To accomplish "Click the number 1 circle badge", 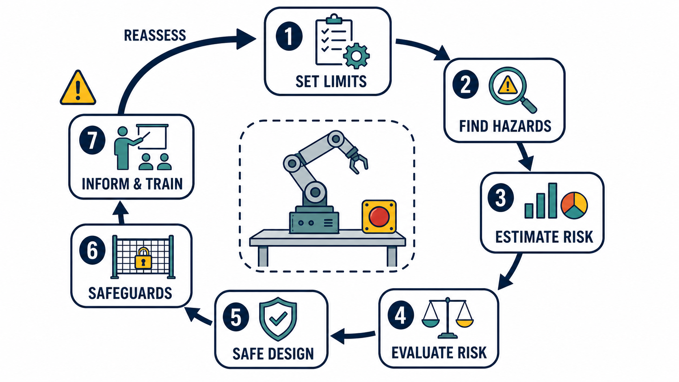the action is [x=289, y=36].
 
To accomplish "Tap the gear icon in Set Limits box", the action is [x=357, y=56].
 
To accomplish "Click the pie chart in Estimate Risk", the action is [x=574, y=205].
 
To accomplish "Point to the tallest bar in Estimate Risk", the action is [x=552, y=201].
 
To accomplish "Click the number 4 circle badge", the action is [x=401, y=316].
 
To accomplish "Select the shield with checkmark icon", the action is [x=278, y=319].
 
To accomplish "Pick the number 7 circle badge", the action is [x=93, y=140].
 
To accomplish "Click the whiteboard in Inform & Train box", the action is [x=152, y=137].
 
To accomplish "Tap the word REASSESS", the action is [x=155, y=35].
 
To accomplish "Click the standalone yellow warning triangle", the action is [x=78, y=88].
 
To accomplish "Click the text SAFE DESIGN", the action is [x=273, y=354].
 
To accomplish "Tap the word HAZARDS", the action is [x=522, y=126].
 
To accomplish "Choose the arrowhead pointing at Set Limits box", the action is [x=246, y=39].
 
